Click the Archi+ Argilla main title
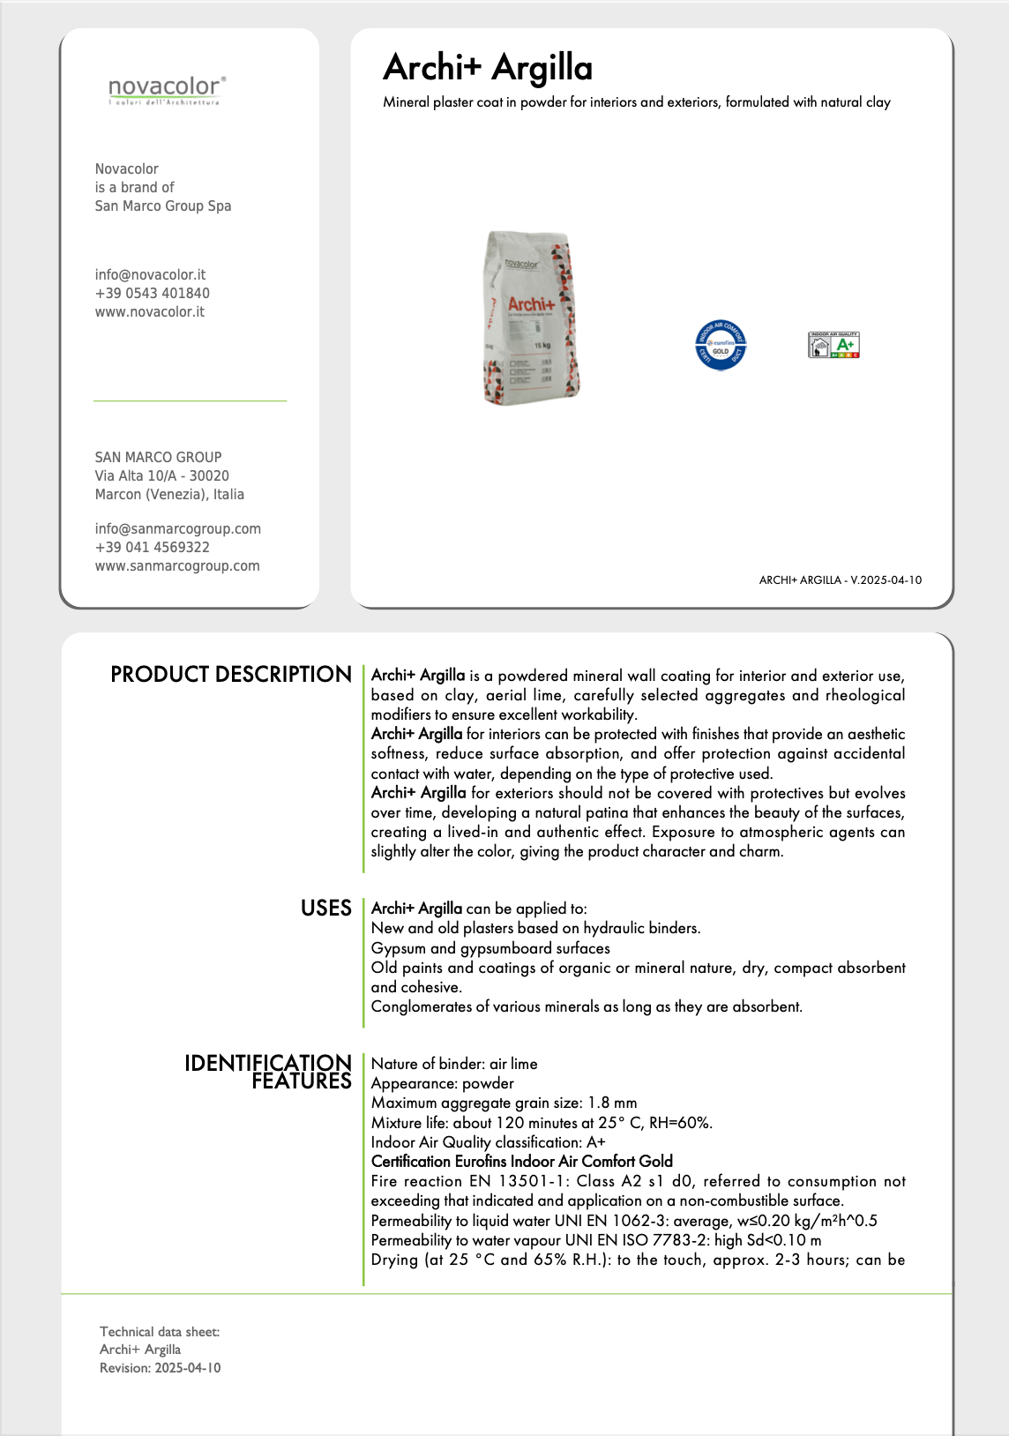[488, 67]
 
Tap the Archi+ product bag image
[531, 318]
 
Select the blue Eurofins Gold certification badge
[721, 345]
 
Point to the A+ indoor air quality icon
[833, 345]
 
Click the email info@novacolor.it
[150, 274]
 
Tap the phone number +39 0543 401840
[153, 293]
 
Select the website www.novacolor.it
[150, 311]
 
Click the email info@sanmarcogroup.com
[178, 528]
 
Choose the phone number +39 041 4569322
[153, 547]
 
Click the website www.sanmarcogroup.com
[177, 565]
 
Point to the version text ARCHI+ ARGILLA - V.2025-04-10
[840, 580]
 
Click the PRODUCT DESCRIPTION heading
[231, 675]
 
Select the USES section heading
[325, 909]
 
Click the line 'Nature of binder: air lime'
[454, 1064]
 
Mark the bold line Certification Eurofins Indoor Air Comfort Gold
[521, 1161]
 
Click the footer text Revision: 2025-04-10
[161, 1368]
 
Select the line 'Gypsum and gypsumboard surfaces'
[490, 948]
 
